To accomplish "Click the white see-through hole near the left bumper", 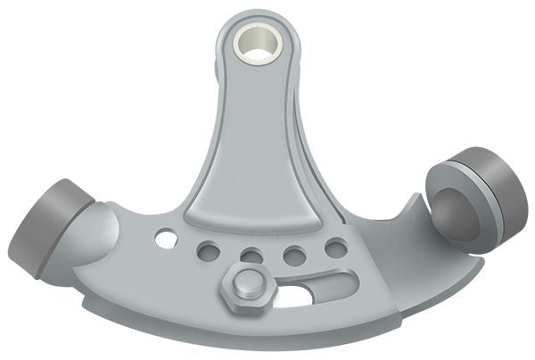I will click(165, 238).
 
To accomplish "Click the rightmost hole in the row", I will click(336, 247).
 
